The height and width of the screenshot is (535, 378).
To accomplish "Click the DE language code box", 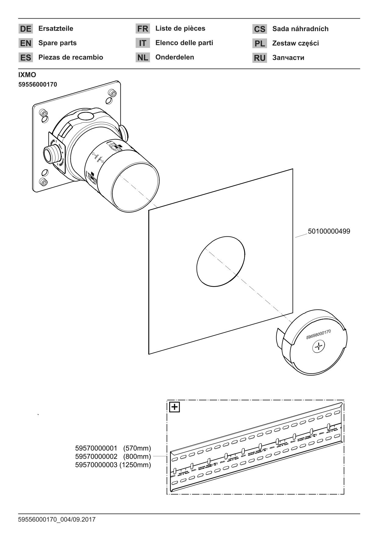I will tap(26, 29).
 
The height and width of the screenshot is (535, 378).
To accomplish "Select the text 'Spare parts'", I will tap(57, 43).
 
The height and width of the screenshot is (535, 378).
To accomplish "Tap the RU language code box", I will tap(259, 58).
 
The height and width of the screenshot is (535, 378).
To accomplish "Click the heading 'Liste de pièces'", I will tap(180, 29).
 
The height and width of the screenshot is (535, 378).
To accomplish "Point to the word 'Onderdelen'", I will tap(175, 57).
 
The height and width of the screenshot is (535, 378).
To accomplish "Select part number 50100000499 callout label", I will tap(329, 232).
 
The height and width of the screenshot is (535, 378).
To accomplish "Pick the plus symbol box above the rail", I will tap(175, 407).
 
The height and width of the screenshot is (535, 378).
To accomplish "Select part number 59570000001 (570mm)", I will tap(113, 448).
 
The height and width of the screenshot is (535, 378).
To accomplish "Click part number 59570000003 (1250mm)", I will tap(113, 465).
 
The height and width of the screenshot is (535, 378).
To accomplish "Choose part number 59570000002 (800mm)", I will tap(113, 457).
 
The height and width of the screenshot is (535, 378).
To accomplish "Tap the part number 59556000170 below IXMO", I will tap(37, 84).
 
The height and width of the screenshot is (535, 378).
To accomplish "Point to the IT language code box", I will tap(142, 43).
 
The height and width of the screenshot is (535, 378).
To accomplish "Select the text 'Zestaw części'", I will tap(295, 43).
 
